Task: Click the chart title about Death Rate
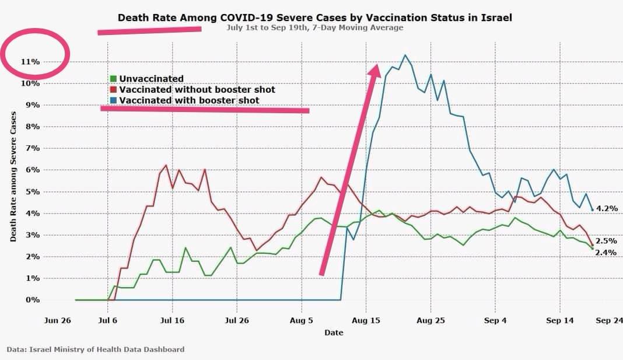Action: pos(314,18)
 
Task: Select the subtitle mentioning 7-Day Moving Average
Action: pos(314,27)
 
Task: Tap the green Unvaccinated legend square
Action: pos(113,79)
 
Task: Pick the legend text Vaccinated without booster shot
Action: pos(197,90)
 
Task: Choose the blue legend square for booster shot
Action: pos(113,100)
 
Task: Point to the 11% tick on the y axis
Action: pos(30,61)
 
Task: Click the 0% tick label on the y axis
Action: pos(32,300)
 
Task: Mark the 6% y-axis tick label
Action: pos(32,170)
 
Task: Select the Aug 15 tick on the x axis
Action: pos(366,320)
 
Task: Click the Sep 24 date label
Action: pos(607,320)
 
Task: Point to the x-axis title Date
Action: pos(334,333)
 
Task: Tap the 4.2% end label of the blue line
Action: pos(607,208)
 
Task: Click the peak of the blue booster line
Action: pos(404,55)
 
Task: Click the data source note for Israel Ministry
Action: pos(96,349)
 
